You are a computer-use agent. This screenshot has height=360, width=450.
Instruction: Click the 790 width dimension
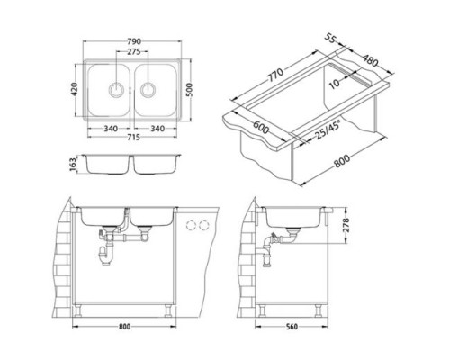[134, 41]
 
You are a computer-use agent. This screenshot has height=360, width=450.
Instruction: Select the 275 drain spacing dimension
[134, 52]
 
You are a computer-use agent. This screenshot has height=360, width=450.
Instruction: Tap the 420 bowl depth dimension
[74, 89]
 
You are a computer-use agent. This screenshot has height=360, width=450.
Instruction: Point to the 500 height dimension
[189, 90]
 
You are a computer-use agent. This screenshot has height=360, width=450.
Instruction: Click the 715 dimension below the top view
[134, 137]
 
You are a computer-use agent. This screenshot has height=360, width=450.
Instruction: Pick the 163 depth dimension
[74, 165]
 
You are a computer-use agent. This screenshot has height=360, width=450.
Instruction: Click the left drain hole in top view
[116, 89]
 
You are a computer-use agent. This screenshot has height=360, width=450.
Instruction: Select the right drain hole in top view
[148, 89]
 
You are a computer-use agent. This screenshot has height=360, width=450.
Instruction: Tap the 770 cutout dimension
[274, 75]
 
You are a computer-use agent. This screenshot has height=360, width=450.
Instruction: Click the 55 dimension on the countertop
[329, 39]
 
